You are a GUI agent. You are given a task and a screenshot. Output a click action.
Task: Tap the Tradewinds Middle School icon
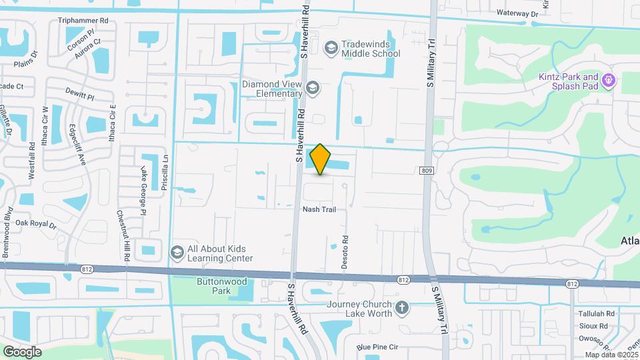pos(331,47)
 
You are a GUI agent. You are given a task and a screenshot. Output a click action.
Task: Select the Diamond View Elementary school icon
pos(312,87)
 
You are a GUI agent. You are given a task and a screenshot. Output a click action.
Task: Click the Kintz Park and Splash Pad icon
pos(607,81)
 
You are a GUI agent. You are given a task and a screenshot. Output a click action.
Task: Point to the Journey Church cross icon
pos(401,307)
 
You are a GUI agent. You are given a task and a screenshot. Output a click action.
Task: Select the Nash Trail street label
pos(319,209)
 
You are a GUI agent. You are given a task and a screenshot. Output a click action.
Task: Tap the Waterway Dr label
pos(517,13)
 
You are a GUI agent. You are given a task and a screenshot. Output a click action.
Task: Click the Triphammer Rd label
pos(83,21)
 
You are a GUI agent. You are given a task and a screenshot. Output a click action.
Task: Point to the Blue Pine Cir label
pos(377,347)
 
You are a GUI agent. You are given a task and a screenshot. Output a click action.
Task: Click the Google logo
pos(22,351)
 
